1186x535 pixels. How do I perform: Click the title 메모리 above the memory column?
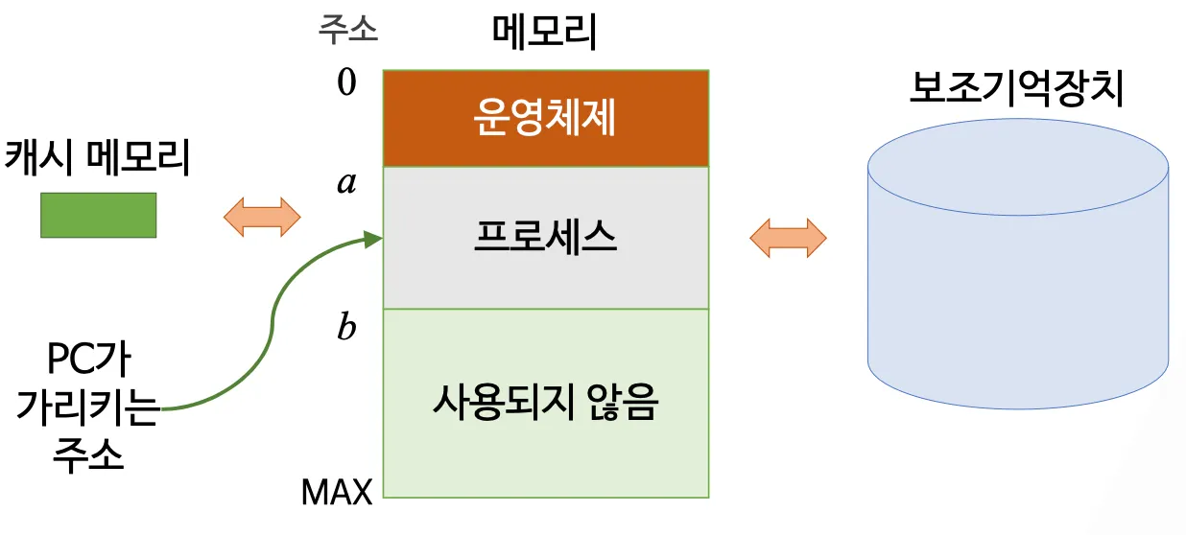[x=544, y=33]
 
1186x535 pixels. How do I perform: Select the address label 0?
[x=346, y=83]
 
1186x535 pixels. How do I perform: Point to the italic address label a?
[x=346, y=182]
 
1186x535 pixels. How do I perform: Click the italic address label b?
[x=346, y=328]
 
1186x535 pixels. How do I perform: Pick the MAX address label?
[x=337, y=493]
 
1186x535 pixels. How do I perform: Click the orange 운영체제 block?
[x=545, y=119]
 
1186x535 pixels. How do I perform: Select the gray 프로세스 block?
[x=545, y=237]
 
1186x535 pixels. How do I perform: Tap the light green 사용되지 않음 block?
[x=545, y=403]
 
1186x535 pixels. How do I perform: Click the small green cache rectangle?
[x=98, y=215]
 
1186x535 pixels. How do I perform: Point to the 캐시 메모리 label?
[x=97, y=159]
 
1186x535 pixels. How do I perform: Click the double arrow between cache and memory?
[x=262, y=217]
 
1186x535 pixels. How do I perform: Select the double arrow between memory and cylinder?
[x=788, y=238]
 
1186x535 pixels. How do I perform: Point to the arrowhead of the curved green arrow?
[x=374, y=238]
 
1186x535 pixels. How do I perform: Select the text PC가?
[x=88, y=363]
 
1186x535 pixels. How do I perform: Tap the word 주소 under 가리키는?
[x=88, y=454]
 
